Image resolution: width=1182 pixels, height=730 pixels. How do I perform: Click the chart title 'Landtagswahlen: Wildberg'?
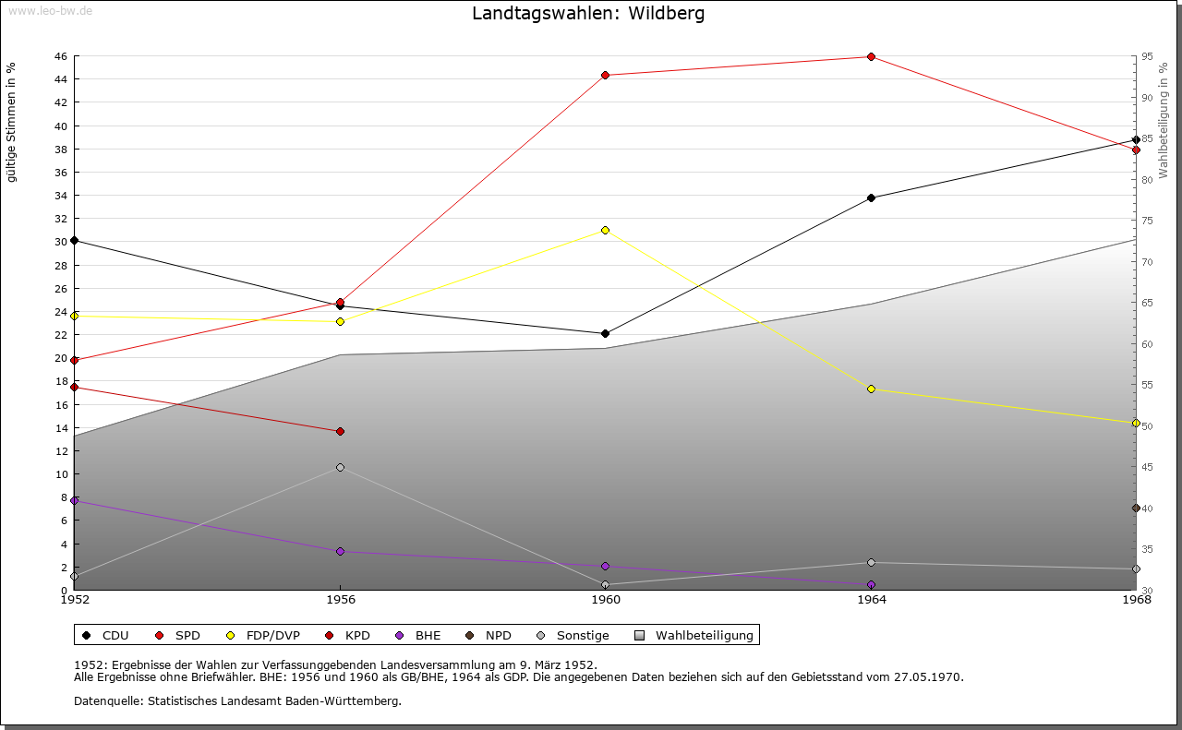[588, 14]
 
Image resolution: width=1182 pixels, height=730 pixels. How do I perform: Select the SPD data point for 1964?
[871, 57]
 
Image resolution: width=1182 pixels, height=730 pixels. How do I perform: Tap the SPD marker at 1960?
[605, 76]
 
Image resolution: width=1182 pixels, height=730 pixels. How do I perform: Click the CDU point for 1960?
[605, 333]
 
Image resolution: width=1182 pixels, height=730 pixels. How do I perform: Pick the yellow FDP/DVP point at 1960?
[605, 230]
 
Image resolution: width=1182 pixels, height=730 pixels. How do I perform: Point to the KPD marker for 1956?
[340, 431]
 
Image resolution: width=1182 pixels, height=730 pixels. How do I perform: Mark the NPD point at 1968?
[1136, 508]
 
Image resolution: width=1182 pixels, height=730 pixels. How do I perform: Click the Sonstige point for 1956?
[340, 467]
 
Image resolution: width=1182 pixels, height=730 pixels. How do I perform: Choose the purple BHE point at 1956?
[340, 551]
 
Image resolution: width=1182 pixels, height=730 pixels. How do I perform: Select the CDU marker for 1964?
[871, 197]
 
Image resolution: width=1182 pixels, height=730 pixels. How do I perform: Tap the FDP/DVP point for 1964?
[871, 389]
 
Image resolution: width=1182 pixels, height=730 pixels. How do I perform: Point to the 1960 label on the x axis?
[606, 600]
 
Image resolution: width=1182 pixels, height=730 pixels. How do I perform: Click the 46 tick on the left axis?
[59, 56]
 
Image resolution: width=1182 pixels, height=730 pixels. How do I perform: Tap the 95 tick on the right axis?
[1147, 56]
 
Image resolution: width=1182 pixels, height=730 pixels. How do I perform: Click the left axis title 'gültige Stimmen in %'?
[12, 122]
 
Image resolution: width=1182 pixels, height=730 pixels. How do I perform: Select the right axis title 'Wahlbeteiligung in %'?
[1164, 119]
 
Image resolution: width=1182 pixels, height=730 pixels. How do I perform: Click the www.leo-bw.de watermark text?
[48, 9]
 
